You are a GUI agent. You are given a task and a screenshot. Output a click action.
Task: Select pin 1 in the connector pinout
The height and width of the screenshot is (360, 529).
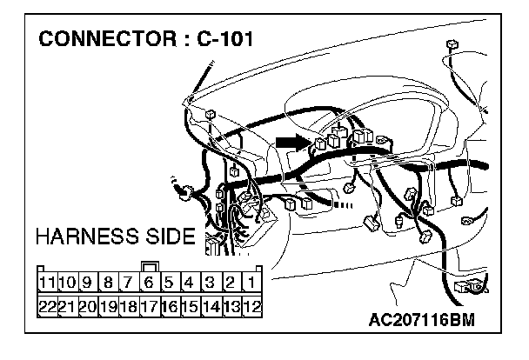(x=251, y=282)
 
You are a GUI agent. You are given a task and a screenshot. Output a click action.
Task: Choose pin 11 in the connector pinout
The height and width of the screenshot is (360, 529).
(x=48, y=282)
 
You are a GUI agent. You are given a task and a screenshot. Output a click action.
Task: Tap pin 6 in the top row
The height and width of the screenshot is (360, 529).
(x=149, y=282)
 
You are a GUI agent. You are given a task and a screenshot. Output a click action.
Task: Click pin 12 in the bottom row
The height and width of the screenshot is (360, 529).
(x=251, y=305)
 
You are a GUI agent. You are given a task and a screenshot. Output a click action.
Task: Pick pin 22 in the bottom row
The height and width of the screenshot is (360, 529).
(x=48, y=305)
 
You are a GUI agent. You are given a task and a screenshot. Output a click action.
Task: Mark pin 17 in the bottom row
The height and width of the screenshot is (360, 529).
(x=149, y=305)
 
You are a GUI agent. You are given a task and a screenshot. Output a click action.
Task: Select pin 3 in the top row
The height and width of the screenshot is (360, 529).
(x=210, y=282)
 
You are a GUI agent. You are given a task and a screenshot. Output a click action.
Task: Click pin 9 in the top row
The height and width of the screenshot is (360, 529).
(x=88, y=282)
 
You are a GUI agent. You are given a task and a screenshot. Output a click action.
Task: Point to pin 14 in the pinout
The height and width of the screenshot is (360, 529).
(x=210, y=305)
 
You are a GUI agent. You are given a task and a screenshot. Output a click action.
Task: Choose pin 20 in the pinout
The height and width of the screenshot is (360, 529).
(x=88, y=305)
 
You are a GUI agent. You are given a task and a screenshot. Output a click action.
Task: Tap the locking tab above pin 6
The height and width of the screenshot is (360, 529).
(x=149, y=266)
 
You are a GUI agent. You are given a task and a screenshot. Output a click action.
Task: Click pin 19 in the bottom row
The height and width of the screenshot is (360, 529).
(x=108, y=305)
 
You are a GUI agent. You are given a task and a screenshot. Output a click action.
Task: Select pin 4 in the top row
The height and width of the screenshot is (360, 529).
(x=189, y=282)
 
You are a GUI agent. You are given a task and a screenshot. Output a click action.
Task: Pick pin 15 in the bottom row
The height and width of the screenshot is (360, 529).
(x=189, y=305)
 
